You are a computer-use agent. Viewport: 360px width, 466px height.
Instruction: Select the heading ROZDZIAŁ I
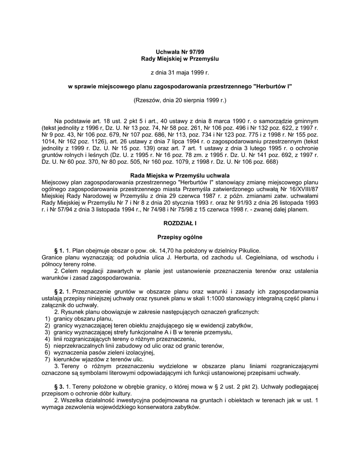(179, 223)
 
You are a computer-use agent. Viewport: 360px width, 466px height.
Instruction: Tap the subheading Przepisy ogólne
(179, 237)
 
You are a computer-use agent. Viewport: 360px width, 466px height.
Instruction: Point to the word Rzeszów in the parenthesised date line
(146, 99)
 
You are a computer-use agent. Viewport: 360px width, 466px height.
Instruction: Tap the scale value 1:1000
(268, 298)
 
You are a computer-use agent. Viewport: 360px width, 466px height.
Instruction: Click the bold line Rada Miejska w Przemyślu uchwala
(179, 176)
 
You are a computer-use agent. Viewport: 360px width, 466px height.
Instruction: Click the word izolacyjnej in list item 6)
(139, 353)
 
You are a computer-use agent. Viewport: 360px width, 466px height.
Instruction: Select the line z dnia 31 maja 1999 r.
(179, 72)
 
